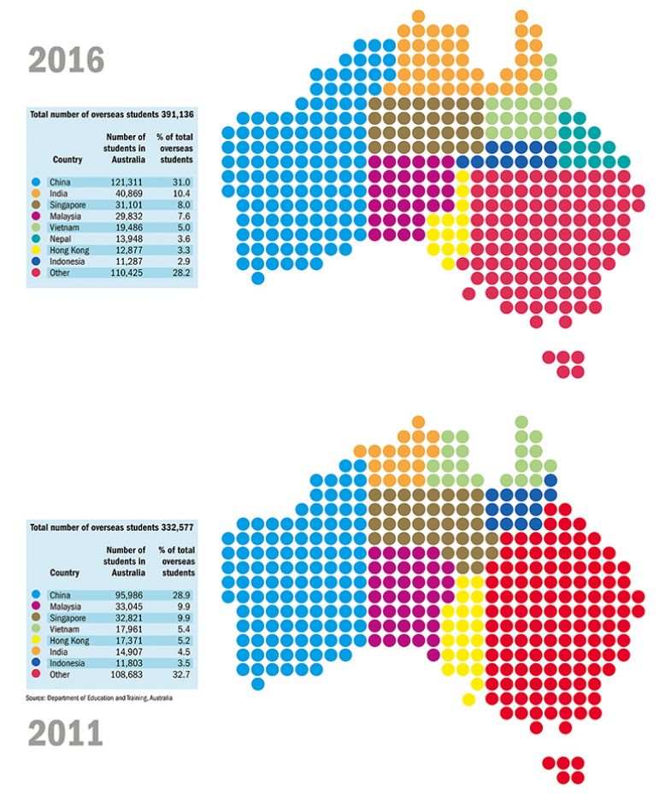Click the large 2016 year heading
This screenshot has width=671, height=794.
(67, 60)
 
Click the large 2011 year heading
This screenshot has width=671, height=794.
(67, 733)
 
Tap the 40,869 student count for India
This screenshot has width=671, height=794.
(126, 195)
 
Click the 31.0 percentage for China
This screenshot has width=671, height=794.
(179, 182)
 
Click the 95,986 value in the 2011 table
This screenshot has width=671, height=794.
(126, 594)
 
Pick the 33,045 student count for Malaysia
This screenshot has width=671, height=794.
(126, 607)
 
